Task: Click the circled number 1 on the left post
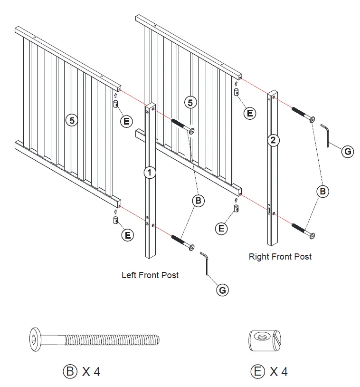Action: [150, 173]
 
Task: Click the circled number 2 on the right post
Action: [273, 140]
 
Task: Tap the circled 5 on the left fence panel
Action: [72, 120]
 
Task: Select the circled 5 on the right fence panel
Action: [190, 103]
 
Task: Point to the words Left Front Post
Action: [150, 275]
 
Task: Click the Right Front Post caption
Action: [280, 257]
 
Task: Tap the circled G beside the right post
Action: [348, 152]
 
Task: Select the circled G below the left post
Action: [222, 290]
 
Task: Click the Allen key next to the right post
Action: [326, 135]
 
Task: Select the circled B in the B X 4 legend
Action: [69, 371]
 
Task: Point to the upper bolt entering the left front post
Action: [182, 126]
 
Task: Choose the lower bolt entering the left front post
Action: [182, 242]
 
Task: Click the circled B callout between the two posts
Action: [199, 201]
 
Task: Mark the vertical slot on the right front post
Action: [269, 211]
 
